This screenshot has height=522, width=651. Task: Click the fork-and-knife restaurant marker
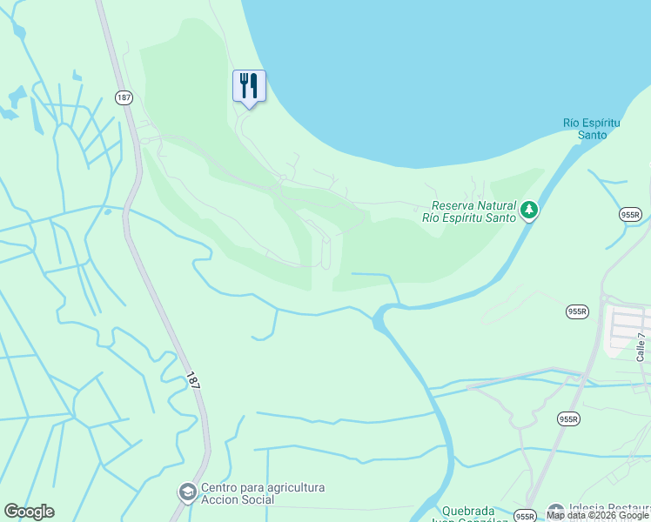pyautogui.click(x=249, y=86)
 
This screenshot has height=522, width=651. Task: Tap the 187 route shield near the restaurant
pyautogui.click(x=124, y=97)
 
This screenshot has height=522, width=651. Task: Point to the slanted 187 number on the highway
pyautogui.click(x=193, y=380)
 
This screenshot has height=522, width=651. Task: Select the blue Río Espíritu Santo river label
pyautogui.click(x=592, y=129)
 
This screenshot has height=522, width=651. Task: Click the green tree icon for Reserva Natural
pyautogui.click(x=528, y=210)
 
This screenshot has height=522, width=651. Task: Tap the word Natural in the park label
pyautogui.click(x=497, y=206)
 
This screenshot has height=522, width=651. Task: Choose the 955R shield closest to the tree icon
pyautogui.click(x=630, y=214)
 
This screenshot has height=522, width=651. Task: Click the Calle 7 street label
pyautogui.click(x=641, y=347)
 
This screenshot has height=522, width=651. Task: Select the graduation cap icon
pyautogui.click(x=187, y=493)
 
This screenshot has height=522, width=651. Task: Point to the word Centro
pyautogui.click(x=220, y=487)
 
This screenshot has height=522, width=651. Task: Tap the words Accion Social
pyautogui.click(x=238, y=499)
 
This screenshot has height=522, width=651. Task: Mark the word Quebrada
pyautogui.click(x=468, y=511)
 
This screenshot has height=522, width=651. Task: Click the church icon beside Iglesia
pyautogui.click(x=555, y=511)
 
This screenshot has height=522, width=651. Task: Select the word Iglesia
pyautogui.click(x=590, y=510)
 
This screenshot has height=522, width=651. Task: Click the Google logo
pyautogui.click(x=29, y=512)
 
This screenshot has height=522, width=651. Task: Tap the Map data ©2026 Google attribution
pyautogui.click(x=598, y=516)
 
